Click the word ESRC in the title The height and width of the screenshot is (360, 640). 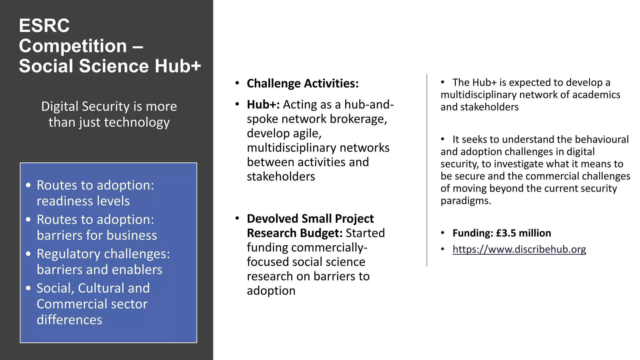(44, 26)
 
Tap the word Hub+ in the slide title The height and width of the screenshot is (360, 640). (178, 66)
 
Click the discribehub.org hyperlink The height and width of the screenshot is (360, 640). (519, 249)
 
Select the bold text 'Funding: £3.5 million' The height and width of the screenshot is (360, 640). (502, 233)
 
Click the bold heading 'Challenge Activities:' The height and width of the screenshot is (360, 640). (302, 84)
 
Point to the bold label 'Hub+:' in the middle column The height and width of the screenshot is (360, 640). (263, 105)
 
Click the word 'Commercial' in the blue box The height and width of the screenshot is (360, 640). (72, 304)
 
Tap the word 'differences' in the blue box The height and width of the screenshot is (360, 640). (69, 320)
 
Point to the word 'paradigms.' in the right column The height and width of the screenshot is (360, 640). (466, 201)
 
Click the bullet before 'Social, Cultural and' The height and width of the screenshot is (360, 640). (28, 288)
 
